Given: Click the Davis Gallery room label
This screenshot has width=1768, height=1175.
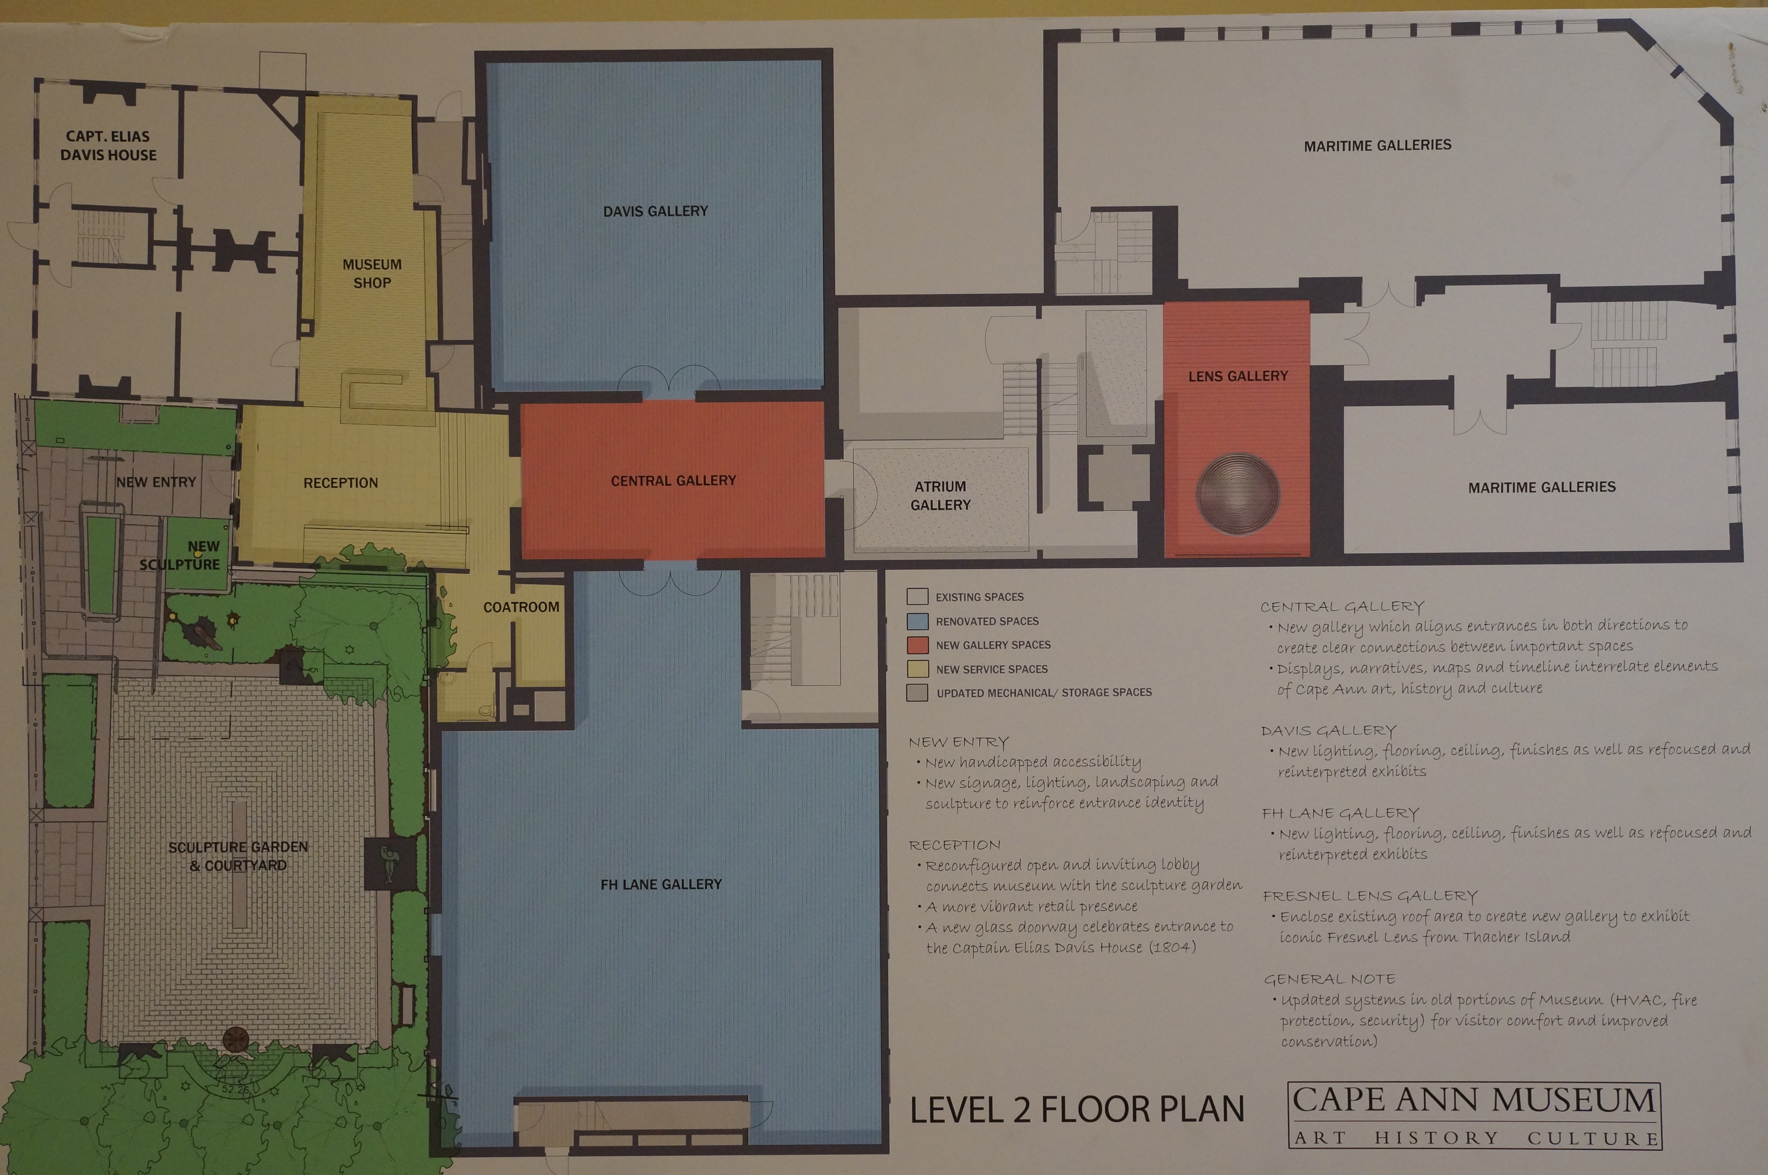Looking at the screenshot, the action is [655, 211].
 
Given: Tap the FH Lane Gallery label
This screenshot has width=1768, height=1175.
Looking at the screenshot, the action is [661, 884].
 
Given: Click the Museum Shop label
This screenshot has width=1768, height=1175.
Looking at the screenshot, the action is [372, 274].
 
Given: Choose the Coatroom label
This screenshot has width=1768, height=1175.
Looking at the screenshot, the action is [522, 607].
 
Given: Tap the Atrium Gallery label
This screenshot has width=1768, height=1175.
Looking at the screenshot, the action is [940, 495].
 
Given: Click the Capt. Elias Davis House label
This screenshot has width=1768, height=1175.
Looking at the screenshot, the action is [109, 145].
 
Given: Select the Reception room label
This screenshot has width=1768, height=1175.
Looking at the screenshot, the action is [341, 483].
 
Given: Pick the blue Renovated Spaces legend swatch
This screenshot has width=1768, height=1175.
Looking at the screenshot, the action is [918, 621].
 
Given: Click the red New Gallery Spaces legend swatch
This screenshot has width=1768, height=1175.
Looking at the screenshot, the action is [918, 645].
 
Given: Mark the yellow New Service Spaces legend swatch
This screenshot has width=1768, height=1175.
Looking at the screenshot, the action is [918, 669].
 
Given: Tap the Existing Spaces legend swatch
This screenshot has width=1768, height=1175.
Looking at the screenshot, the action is [918, 597].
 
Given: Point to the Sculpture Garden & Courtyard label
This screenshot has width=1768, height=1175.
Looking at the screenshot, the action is [238, 856].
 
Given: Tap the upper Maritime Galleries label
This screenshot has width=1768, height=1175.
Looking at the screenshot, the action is [1378, 145].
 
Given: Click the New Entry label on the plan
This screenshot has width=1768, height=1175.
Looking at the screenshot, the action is [156, 482].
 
